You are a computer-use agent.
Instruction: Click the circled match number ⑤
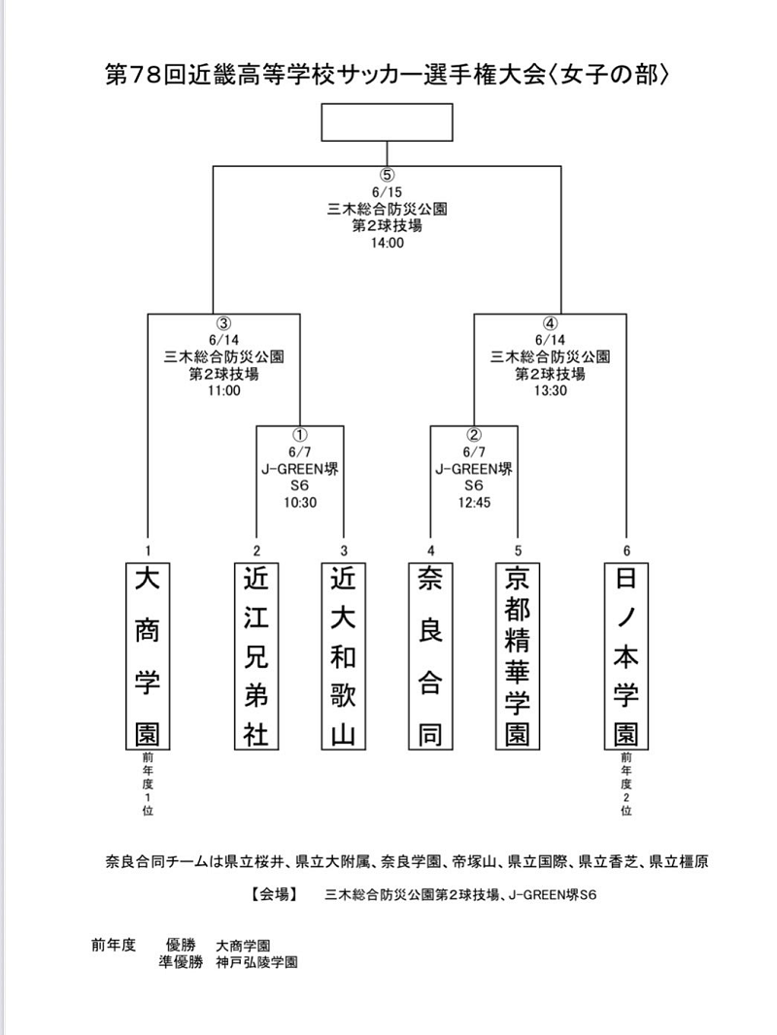click(387, 175)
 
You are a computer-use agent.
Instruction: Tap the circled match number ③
click(223, 323)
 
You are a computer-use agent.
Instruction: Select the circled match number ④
click(550, 323)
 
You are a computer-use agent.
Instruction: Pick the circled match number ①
click(300, 435)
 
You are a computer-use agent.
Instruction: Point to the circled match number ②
click(473, 435)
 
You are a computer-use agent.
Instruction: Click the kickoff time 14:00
click(387, 243)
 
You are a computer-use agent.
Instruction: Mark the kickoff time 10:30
click(300, 502)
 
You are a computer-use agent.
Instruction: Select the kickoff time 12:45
click(474, 502)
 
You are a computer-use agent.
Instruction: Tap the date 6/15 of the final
click(387, 193)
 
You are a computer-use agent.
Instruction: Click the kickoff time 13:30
click(551, 390)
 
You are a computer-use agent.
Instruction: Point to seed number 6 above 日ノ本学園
click(626, 551)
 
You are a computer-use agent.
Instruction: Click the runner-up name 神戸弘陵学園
click(256, 962)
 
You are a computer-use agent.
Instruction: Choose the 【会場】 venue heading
click(273, 894)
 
